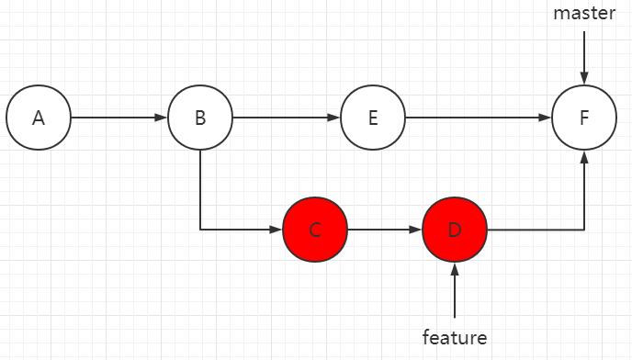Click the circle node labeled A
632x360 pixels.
[x=38, y=118]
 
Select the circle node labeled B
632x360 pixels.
[x=199, y=118]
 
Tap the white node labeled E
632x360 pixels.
[x=372, y=118]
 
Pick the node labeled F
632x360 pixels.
[x=583, y=118]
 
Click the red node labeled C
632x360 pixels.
[x=315, y=230]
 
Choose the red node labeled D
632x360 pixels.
[x=455, y=230]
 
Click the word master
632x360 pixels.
[x=583, y=14]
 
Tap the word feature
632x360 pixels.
[x=455, y=337]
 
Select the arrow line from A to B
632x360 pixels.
[x=118, y=118]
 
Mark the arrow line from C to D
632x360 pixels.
[x=384, y=230]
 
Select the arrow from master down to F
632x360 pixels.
[x=583, y=55]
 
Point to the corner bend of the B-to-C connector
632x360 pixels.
[x=199, y=230]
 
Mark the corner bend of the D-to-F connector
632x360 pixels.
[x=583, y=230]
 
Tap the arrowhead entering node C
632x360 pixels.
[x=276, y=230]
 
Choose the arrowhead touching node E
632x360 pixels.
[x=334, y=118]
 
